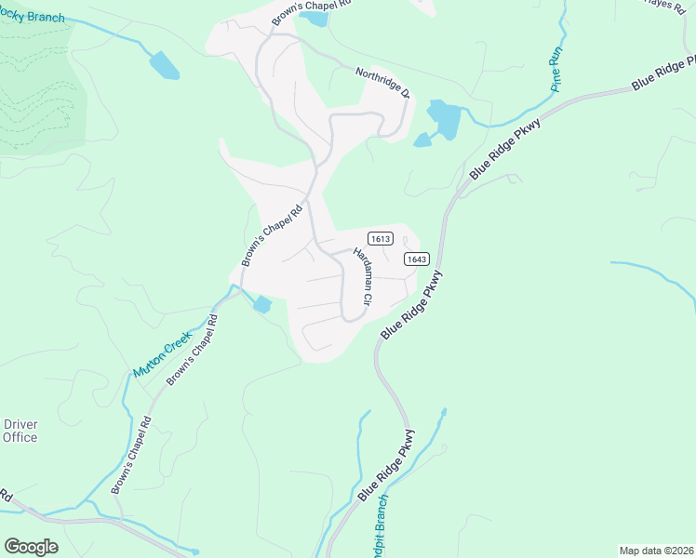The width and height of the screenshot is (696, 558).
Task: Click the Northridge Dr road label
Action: [382, 82]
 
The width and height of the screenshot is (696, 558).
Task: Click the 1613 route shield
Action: [380, 238]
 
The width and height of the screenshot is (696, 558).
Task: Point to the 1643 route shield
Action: [415, 259]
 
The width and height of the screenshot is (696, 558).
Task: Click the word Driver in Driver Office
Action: [20, 424]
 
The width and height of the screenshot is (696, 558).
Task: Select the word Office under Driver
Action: [20, 437]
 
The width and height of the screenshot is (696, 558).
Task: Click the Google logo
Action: [31, 546]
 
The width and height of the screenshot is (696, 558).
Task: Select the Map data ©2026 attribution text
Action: [655, 551]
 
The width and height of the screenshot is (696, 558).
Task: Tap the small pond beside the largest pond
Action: [422, 140]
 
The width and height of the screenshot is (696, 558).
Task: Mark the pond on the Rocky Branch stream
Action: [164, 65]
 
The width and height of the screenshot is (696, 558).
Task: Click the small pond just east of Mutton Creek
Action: [261, 304]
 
